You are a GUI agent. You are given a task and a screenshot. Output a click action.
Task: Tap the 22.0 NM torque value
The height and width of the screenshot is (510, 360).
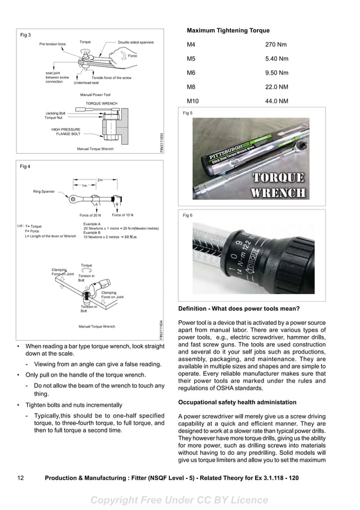click(x=276, y=87)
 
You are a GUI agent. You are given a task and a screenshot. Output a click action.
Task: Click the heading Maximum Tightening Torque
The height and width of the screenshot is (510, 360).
click(x=228, y=30)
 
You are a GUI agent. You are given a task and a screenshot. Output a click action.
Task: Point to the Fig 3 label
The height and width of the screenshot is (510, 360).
click(x=25, y=35)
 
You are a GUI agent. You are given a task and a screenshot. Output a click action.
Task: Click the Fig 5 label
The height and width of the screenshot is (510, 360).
click(x=188, y=113)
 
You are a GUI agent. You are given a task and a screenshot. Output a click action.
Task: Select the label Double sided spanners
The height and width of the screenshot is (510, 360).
click(x=136, y=42)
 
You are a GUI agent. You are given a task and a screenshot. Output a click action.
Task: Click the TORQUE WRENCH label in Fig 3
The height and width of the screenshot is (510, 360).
click(x=102, y=104)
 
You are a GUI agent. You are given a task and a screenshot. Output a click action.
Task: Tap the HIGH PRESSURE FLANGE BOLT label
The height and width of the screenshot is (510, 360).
click(x=65, y=132)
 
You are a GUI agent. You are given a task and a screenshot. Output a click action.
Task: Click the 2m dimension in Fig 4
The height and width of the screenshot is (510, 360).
click(x=100, y=180)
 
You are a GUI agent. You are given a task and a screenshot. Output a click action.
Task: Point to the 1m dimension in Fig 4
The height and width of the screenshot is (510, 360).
click(x=84, y=185)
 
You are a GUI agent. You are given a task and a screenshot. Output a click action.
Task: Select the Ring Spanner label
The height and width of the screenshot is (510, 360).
click(x=44, y=191)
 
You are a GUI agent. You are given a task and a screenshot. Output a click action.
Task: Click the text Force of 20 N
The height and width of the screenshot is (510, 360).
click(x=90, y=215)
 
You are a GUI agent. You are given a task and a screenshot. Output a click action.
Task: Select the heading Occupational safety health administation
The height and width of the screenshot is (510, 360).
click(x=237, y=402)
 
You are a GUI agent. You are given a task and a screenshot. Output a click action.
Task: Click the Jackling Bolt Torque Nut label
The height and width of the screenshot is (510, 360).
click(x=55, y=115)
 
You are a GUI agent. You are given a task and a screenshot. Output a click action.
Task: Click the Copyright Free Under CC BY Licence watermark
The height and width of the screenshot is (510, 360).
click(x=179, y=500)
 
